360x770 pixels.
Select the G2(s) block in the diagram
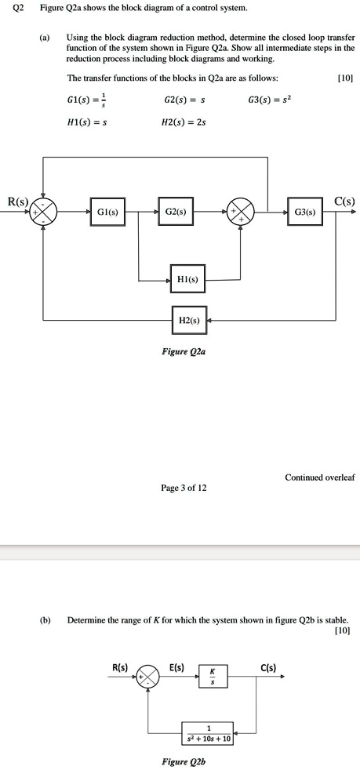click(x=176, y=212)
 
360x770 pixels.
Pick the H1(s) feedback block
click(x=187, y=280)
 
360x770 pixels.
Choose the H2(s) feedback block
click(x=189, y=320)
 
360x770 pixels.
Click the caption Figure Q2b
click(x=185, y=761)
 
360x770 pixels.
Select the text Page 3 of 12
click(x=184, y=487)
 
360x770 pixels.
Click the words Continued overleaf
click(x=319, y=477)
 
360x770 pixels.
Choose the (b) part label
click(x=45, y=619)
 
